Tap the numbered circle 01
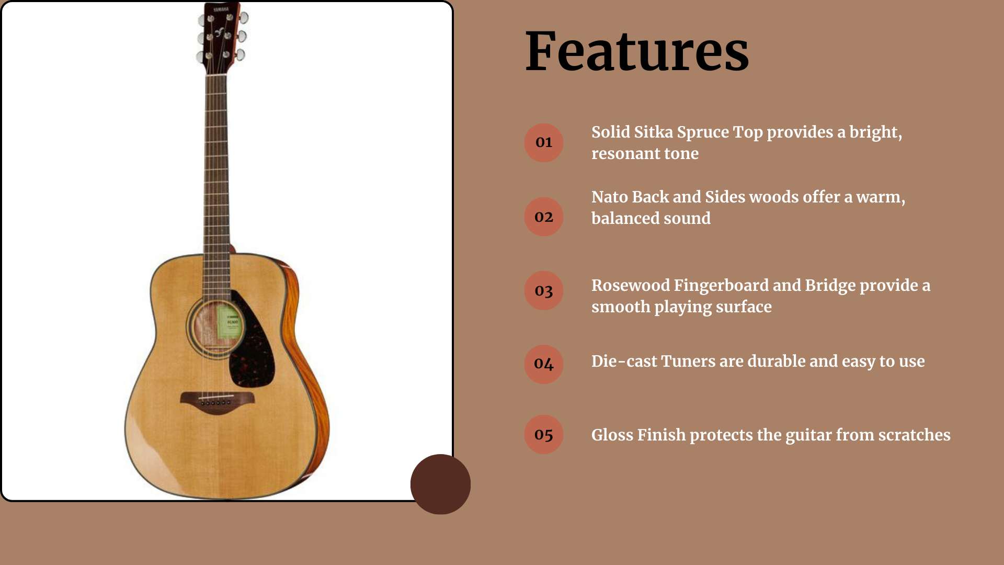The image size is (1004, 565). pos(544,143)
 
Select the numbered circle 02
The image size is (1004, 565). pos(544,217)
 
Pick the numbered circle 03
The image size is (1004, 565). pos(544,290)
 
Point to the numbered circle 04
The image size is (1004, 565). pos(544,364)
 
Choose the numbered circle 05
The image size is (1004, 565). pos(544,435)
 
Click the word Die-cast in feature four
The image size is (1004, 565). pos(624,361)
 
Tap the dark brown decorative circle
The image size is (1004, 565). pos(440,484)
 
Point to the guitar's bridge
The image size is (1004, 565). pos(217,402)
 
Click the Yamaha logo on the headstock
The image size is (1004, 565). pos(221,9)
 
